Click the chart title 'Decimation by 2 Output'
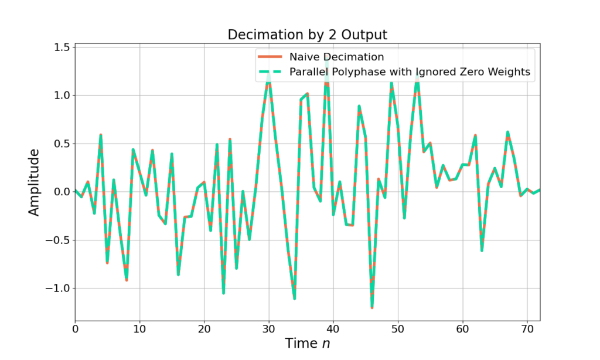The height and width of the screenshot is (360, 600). pos(307,35)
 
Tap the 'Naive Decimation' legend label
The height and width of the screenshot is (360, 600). pos(336,57)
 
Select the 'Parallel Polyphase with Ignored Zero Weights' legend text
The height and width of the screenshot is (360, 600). pos(410,72)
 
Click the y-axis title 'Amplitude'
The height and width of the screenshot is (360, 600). pos(35,182)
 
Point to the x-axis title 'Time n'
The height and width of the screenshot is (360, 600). pos(308,343)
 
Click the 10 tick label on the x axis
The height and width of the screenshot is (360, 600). pos(139,329)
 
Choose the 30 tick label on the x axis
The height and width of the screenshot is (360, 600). pos(269,329)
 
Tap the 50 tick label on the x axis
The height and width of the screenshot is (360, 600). pos(398,329)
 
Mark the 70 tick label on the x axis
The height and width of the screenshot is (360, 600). pos(527,329)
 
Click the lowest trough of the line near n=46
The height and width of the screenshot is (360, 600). pos(372,307)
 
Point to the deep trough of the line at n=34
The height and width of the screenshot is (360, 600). pos(295,298)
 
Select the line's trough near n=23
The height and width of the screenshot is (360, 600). pos(223,292)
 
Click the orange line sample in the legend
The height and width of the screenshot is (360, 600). pos(270,57)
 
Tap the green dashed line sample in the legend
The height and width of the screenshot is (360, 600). pos(270,72)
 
